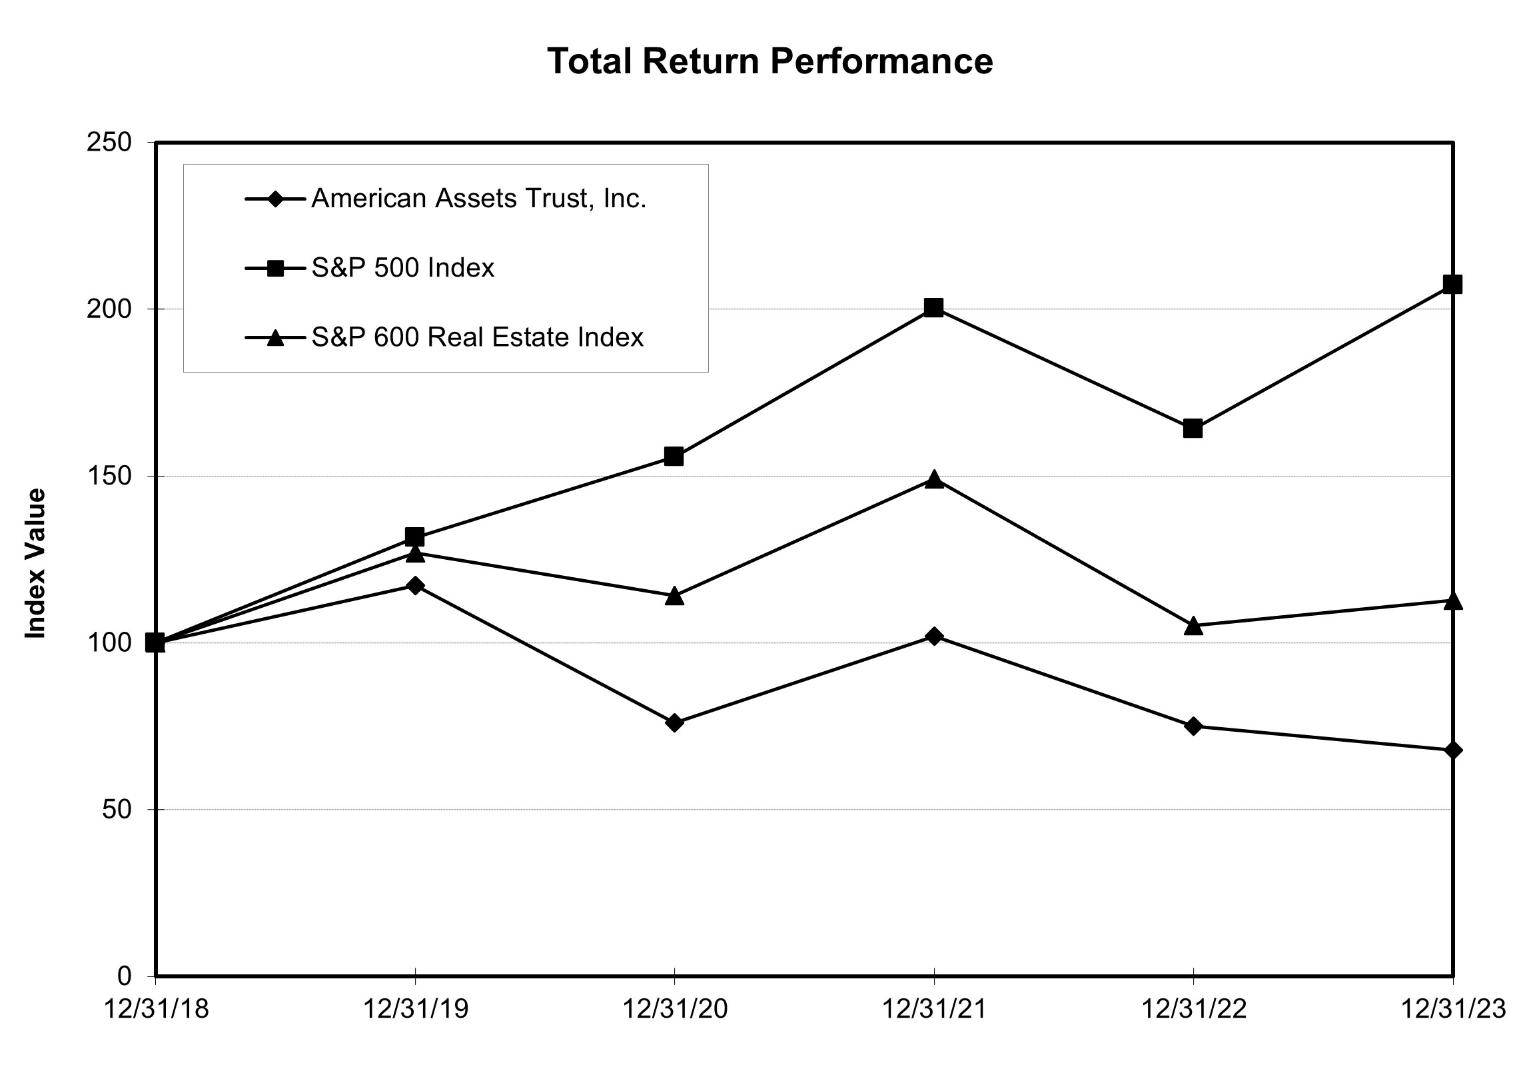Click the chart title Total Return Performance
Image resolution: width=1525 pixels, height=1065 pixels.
pos(769,61)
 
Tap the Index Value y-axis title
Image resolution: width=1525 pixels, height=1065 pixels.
pos(35,564)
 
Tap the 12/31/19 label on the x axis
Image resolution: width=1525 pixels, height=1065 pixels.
pos(415,1010)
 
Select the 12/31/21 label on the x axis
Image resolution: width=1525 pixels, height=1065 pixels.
pos(933,1010)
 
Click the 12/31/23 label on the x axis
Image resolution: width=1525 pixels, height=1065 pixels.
pos(1452,1010)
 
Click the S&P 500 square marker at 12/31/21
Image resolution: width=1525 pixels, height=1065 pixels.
pos(933,308)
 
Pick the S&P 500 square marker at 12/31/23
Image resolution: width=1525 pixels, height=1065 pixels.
pos(1452,285)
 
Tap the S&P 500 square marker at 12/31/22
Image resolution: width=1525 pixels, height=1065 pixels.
pos(1193,429)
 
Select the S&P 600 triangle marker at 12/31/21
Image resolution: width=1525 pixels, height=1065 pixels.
pos(933,479)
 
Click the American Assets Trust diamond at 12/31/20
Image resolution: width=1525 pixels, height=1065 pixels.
pos(674,722)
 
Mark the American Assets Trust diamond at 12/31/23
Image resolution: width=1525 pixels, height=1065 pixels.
pos(1453,750)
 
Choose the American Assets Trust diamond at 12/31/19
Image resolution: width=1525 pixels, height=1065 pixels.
pos(415,586)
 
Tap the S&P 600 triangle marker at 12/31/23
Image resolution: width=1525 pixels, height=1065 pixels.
pos(1453,600)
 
